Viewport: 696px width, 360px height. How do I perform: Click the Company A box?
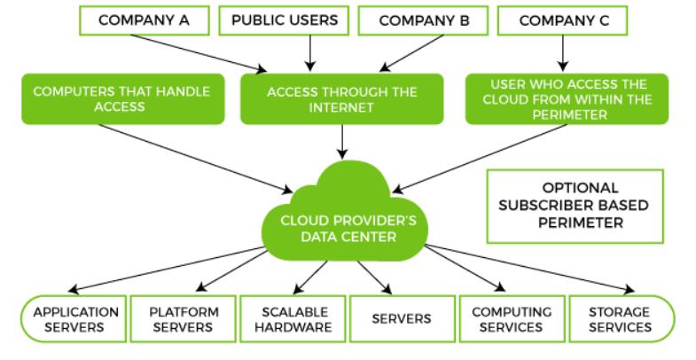[145, 20]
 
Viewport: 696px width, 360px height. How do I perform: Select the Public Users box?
[284, 20]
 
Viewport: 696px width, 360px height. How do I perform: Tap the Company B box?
[424, 20]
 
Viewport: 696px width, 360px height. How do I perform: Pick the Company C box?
[563, 20]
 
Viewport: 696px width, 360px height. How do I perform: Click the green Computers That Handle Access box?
[123, 99]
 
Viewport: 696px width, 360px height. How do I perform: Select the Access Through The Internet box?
[341, 99]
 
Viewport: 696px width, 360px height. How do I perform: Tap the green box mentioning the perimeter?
[567, 99]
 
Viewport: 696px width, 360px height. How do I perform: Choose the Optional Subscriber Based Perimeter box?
[575, 207]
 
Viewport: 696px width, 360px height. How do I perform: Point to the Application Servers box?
[74, 319]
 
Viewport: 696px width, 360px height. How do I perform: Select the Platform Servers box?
[184, 319]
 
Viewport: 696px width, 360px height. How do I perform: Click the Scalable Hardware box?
[293, 319]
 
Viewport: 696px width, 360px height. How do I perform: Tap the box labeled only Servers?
[403, 319]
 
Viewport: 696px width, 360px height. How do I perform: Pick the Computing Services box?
[512, 319]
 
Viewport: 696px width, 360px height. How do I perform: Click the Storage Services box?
[622, 319]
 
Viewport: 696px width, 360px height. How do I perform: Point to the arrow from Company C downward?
[563, 53]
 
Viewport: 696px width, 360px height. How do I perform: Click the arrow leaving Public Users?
[310, 53]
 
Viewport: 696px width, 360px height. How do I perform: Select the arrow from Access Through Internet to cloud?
[341, 142]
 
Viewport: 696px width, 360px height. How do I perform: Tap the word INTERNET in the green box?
[340, 108]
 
